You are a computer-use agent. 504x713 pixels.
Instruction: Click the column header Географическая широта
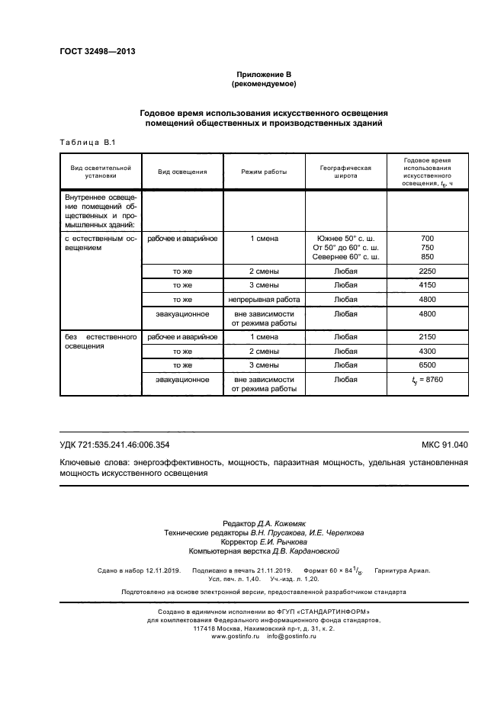coord(345,172)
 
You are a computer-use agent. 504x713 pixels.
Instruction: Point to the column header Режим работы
coord(264,172)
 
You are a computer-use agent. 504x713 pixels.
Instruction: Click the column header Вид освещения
coord(182,172)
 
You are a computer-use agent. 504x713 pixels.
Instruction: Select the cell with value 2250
coord(427,271)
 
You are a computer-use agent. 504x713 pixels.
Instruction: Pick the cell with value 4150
coord(427,285)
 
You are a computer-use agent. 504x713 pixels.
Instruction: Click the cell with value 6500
coord(427,365)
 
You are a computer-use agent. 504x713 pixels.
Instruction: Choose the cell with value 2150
coord(427,336)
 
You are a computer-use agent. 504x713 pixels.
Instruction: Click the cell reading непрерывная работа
coord(264,300)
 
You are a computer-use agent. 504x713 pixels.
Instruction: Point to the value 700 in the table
coord(427,238)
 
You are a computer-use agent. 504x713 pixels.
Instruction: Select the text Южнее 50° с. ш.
coord(345,238)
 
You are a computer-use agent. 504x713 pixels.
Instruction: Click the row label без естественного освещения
coord(100,341)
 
